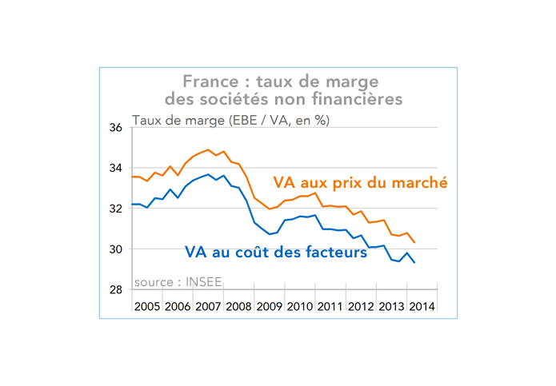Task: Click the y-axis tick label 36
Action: (115, 128)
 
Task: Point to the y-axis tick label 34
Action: (115, 169)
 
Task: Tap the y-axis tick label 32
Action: (115, 209)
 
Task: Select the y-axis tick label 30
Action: (115, 249)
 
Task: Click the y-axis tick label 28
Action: (115, 290)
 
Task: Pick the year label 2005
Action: (147, 307)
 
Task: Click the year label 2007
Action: (208, 307)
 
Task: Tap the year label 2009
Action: (269, 307)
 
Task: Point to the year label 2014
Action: (421, 307)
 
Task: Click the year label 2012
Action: (360, 307)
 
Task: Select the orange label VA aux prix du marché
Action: (360, 182)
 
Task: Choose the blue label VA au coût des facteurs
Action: (275, 252)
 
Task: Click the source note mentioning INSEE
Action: (178, 282)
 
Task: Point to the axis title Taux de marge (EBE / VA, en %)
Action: (230, 120)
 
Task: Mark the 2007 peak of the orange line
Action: (208, 149)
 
